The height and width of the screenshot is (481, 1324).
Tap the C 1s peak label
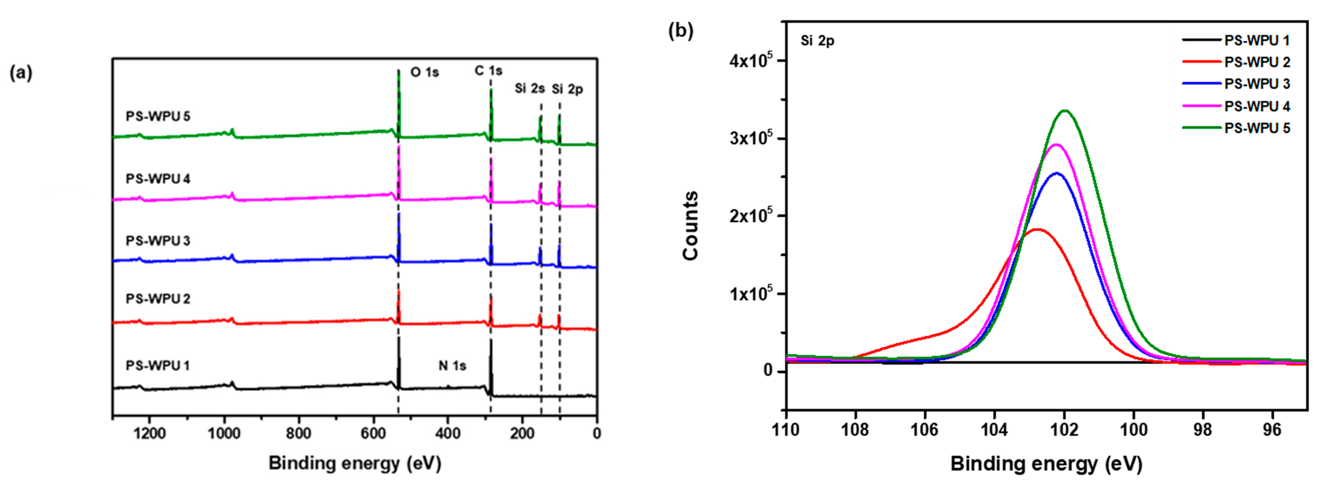(488, 70)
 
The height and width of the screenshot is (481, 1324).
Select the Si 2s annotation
(529, 89)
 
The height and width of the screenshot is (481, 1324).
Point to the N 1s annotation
(452, 366)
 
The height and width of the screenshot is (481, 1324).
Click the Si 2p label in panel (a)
(567, 90)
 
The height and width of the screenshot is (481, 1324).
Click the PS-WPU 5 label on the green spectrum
(158, 116)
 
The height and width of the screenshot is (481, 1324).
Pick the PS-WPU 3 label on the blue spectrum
(158, 241)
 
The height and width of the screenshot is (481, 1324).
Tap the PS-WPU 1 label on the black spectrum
(158, 366)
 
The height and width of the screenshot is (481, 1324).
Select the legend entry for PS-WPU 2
(1257, 62)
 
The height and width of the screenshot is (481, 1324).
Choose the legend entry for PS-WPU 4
(1257, 107)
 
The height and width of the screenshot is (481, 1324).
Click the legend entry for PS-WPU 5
(1257, 128)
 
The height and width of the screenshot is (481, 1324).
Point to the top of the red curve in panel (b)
(1037, 229)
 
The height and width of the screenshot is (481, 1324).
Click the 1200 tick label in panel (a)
(149, 434)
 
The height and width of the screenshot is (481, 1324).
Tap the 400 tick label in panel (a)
(448, 434)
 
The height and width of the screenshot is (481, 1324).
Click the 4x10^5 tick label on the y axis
(750, 61)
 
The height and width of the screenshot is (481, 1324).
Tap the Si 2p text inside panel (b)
(817, 41)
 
